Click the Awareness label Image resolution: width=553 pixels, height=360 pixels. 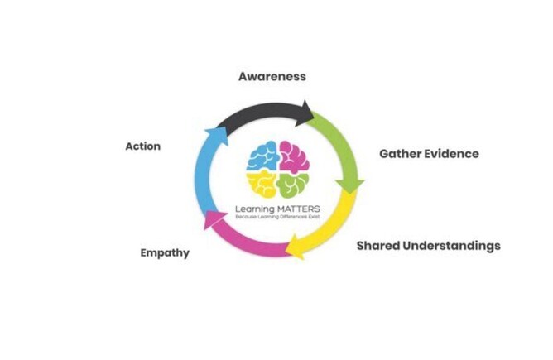point(272,76)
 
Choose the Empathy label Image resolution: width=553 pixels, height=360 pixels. point(165,253)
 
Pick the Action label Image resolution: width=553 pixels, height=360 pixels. point(142,146)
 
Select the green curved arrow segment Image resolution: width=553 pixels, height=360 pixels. point(343,149)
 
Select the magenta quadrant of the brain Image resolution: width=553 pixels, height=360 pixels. point(294,155)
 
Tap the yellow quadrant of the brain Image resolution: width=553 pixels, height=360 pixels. point(262,181)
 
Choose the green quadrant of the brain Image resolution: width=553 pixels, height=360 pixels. point(293,182)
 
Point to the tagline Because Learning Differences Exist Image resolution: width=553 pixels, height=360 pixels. point(276,217)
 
